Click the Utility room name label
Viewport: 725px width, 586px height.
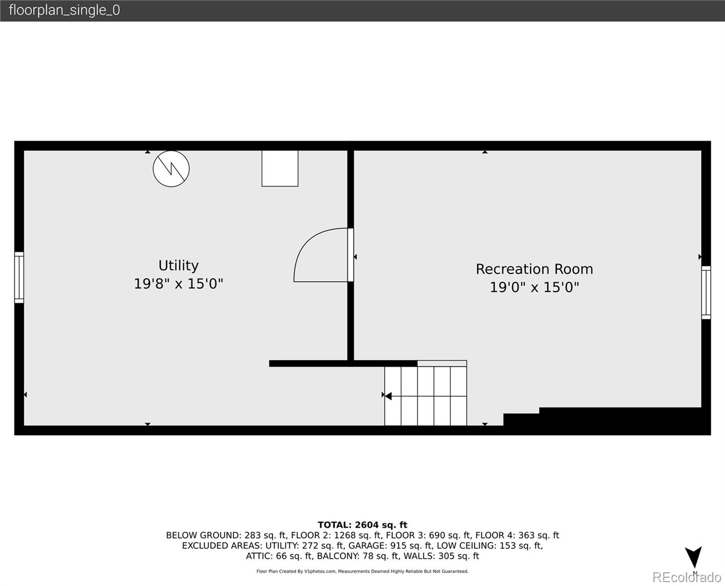[178, 266]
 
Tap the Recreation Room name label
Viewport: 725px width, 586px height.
[534, 269]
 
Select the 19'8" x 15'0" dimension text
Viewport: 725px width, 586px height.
[178, 284]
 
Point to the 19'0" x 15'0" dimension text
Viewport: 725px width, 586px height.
[534, 287]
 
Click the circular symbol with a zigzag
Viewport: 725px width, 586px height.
[171, 169]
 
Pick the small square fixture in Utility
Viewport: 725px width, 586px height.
[280, 168]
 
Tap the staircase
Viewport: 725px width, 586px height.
[426, 396]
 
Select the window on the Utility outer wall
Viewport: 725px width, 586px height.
[19, 277]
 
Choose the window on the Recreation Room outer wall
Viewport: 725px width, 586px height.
[706, 293]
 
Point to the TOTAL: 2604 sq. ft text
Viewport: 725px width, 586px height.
[362, 525]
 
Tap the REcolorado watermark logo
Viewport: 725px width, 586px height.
[686, 577]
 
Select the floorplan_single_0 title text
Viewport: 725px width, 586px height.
[64, 10]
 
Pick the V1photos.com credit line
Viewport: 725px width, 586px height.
[362, 571]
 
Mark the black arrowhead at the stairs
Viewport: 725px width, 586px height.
[388, 396]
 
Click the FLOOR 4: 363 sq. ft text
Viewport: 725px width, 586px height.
[517, 535]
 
